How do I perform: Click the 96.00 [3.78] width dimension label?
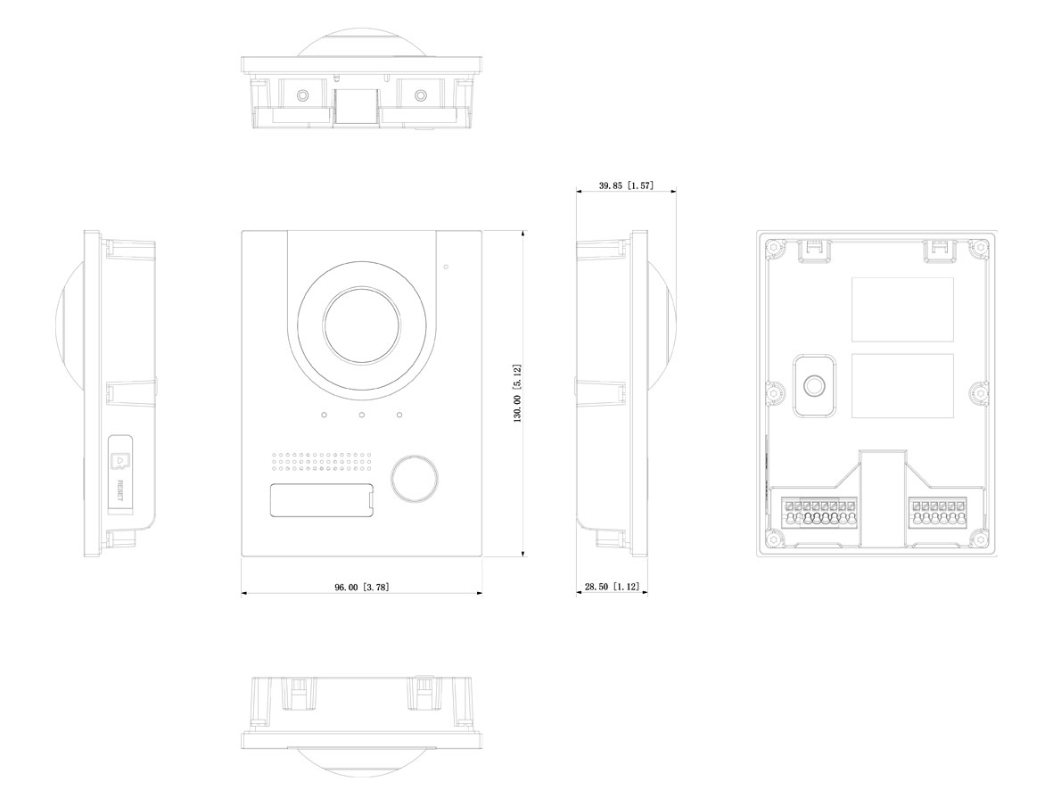click(x=361, y=588)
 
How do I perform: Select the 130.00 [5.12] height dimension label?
click(x=517, y=393)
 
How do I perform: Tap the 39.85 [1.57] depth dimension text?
click(x=626, y=185)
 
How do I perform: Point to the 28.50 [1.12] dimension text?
click(x=611, y=587)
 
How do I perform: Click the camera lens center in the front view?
click(x=361, y=325)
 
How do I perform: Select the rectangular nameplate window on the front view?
click(x=323, y=500)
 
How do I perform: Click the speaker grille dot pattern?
click(x=321, y=460)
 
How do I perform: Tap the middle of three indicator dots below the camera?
click(x=361, y=416)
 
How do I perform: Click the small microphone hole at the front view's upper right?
click(x=447, y=267)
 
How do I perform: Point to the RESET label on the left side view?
click(x=120, y=490)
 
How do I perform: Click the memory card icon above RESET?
click(x=120, y=461)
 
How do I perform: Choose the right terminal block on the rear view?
click(x=938, y=514)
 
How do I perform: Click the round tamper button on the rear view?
click(x=815, y=386)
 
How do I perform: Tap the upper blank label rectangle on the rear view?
click(x=902, y=309)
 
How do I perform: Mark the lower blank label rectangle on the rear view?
click(x=902, y=385)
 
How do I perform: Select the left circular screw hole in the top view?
click(x=302, y=95)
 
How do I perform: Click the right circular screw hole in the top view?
click(x=420, y=95)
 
